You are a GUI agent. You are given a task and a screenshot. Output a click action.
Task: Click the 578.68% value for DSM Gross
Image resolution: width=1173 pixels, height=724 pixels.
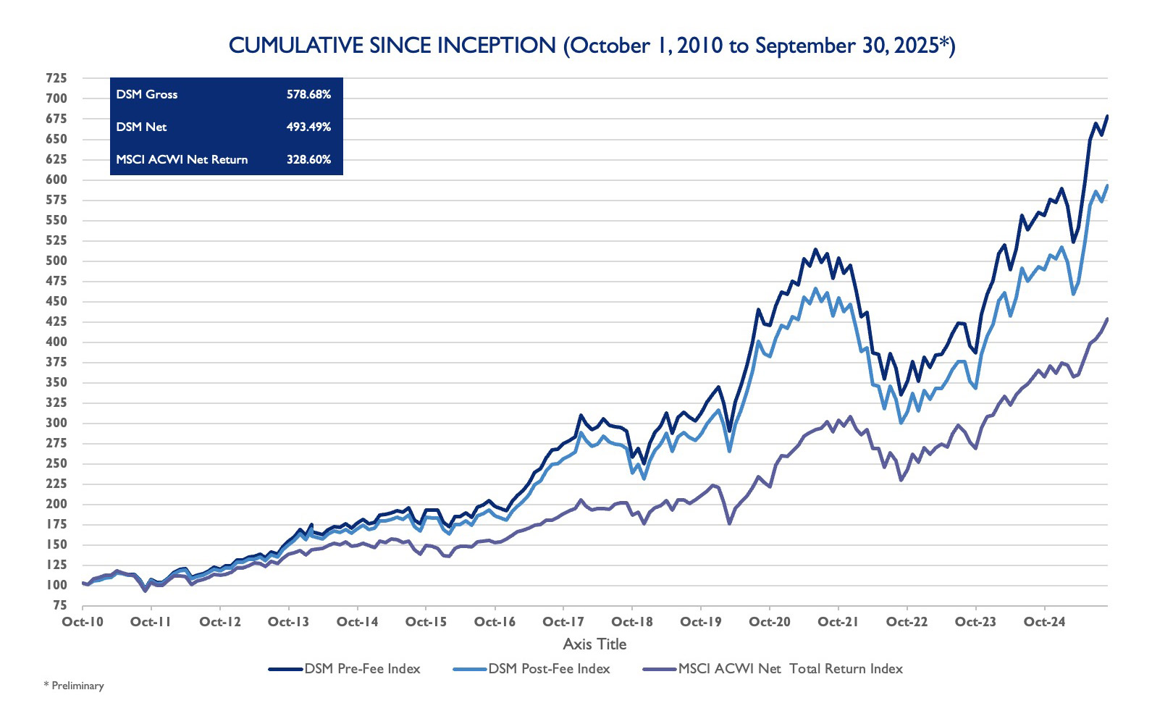point(308,94)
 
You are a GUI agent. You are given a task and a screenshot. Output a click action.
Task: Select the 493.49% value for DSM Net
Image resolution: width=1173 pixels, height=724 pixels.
point(308,127)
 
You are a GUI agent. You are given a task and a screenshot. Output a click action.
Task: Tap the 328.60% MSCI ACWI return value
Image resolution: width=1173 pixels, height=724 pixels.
point(308,159)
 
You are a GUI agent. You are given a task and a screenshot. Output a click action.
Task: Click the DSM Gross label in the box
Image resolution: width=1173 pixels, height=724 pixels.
point(146,94)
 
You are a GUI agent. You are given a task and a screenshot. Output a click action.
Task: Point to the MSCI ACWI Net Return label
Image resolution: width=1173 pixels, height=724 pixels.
point(182,159)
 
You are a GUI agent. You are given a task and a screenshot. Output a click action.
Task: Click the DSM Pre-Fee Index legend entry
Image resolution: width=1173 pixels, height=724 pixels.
point(345,669)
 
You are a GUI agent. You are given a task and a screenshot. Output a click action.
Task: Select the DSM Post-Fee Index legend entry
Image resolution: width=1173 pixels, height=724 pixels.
point(532,669)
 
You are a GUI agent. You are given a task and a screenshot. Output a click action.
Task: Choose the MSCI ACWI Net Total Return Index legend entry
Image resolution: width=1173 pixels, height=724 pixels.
point(773,669)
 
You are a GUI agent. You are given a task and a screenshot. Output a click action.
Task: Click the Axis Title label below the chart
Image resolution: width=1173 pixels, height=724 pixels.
point(594,644)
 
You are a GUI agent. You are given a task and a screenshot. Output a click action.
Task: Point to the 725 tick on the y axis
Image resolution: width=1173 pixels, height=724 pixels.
point(56,78)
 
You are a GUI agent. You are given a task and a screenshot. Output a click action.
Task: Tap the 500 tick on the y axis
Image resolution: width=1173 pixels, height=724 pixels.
point(56,261)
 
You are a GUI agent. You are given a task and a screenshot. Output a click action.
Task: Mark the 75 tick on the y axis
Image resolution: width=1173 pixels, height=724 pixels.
point(60,605)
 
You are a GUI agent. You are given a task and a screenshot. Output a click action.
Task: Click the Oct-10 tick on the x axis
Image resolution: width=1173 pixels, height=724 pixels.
point(83,622)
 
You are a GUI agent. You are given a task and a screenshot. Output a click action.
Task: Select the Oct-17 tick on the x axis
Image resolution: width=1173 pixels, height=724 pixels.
point(563,622)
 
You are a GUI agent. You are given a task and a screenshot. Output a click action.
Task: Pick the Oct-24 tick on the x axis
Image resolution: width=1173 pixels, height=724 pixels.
point(1044,622)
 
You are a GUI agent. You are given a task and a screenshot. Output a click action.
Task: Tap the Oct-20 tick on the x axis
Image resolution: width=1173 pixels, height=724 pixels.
point(770,622)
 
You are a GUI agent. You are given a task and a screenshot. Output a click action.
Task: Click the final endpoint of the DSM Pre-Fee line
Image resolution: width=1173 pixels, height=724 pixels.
point(1107,116)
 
